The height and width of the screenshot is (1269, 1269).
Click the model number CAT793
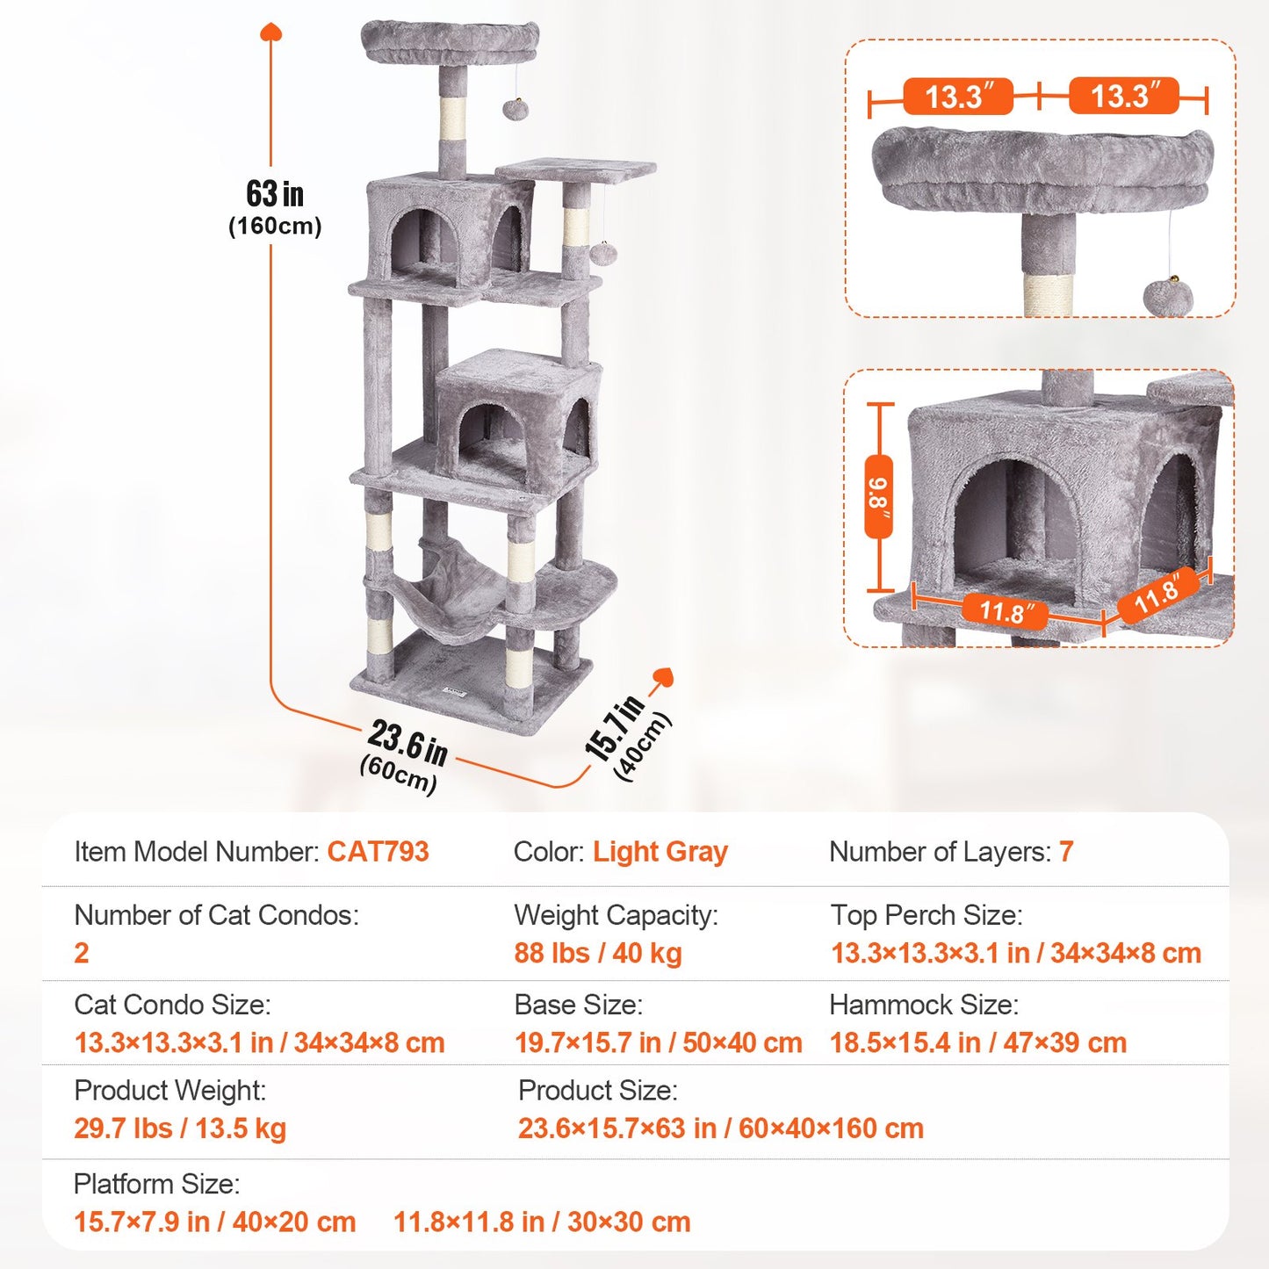[378, 852]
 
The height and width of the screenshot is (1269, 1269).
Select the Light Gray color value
[660, 852]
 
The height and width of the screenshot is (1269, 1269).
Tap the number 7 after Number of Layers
[1065, 852]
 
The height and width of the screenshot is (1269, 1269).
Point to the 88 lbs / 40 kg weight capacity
[597, 953]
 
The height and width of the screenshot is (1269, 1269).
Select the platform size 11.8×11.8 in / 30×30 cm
[542, 1222]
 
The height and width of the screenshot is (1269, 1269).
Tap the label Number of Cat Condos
[216, 915]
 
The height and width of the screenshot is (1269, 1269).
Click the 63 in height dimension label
[275, 194]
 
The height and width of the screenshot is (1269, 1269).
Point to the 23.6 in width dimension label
[407, 742]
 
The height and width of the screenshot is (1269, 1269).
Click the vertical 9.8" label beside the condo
[878, 497]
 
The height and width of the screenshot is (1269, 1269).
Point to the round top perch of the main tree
[450, 42]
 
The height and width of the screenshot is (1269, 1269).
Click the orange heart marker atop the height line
[271, 32]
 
